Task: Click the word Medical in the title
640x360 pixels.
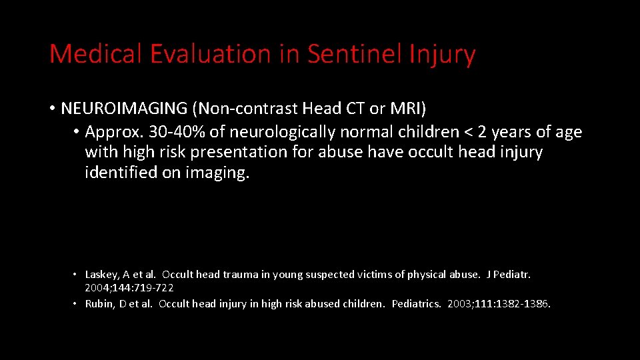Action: (x=96, y=54)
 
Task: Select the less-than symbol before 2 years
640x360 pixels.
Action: (x=468, y=132)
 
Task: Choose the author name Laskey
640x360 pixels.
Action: (x=101, y=275)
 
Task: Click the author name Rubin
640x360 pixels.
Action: (x=99, y=304)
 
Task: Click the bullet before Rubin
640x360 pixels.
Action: (x=77, y=304)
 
